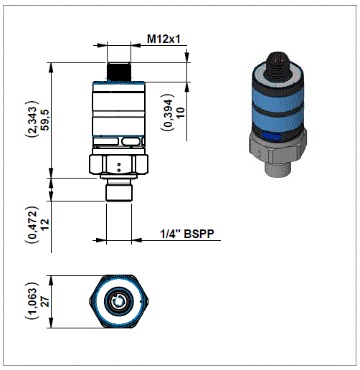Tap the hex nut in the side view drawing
[x=119, y=164]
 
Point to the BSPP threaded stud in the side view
[x=119, y=191]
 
